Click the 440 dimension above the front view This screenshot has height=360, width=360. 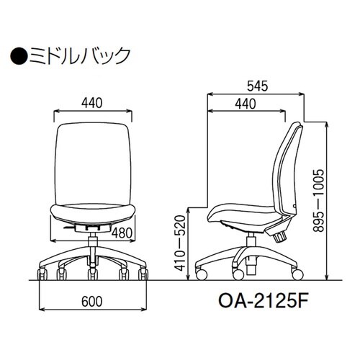click(93, 103)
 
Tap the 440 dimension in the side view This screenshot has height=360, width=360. click(245, 105)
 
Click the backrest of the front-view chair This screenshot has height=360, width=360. click(93, 162)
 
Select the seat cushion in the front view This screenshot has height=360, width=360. click(93, 211)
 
